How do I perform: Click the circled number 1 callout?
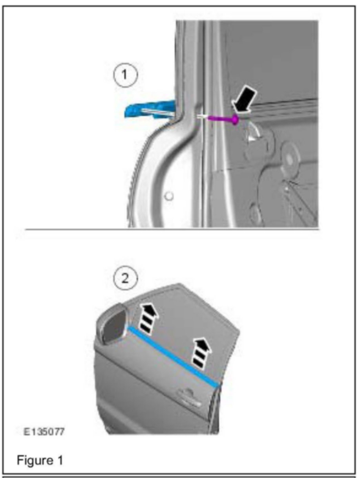(x=125, y=75)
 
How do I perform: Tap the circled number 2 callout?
(x=125, y=278)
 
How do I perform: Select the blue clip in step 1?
(x=150, y=110)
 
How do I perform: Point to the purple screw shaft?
(x=220, y=119)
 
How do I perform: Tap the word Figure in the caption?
(x=35, y=460)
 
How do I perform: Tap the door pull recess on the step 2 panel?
(x=189, y=394)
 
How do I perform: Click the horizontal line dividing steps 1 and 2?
(x=172, y=229)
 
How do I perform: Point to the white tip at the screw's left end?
(x=202, y=117)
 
